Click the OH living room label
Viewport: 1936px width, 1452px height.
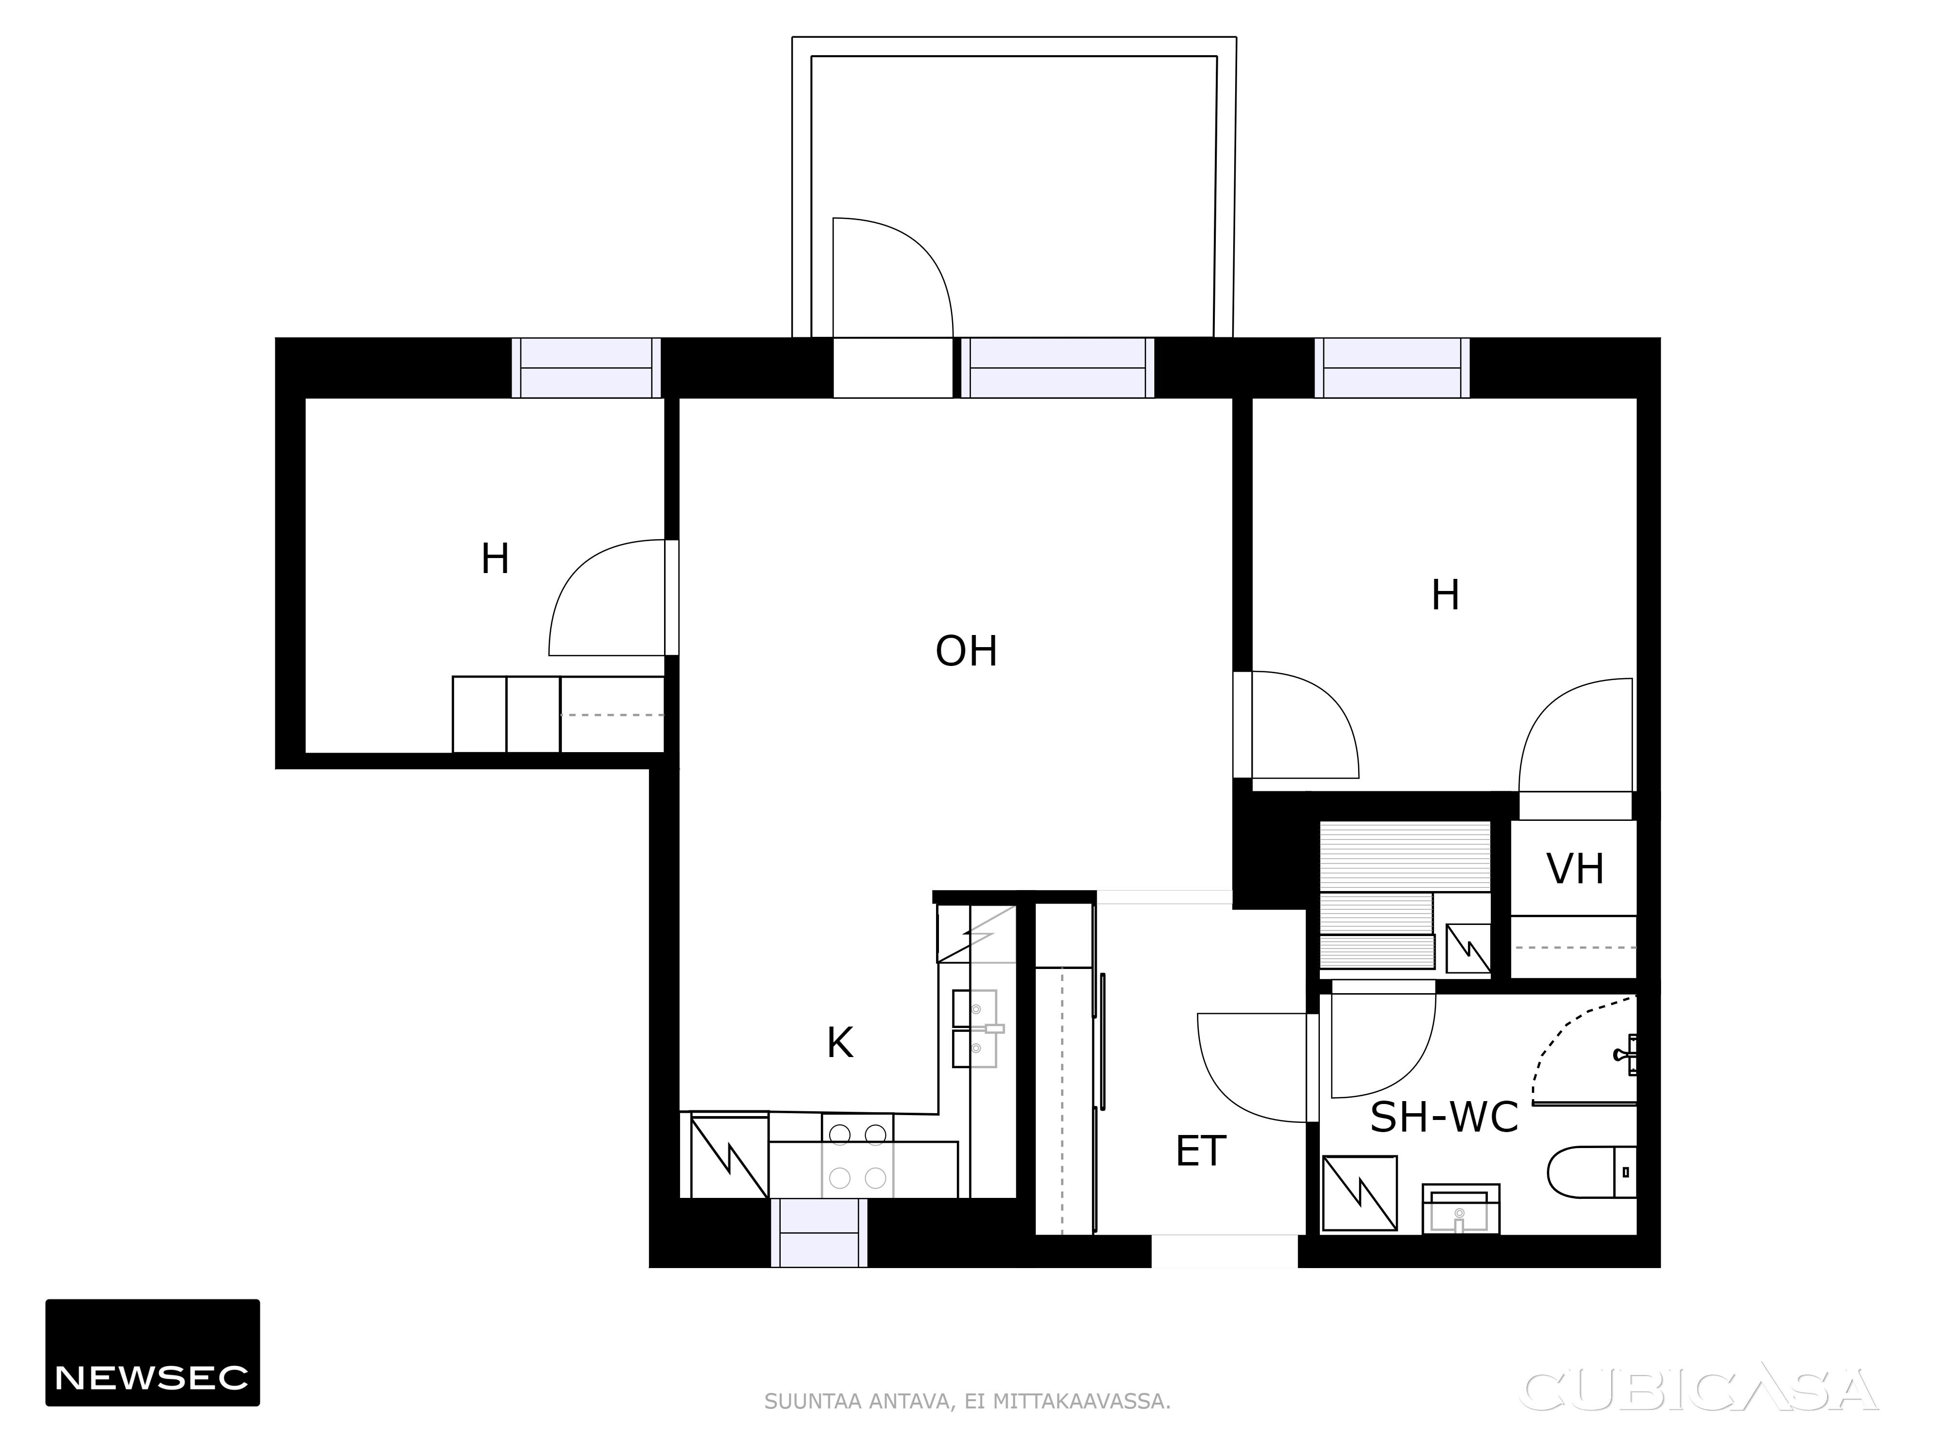point(966,651)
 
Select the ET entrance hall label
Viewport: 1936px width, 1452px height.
point(1201,1152)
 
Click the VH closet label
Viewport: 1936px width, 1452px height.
point(1575,869)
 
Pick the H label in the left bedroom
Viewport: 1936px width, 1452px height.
point(496,560)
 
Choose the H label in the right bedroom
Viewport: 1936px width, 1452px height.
point(1445,596)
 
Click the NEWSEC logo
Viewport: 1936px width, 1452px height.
point(152,1352)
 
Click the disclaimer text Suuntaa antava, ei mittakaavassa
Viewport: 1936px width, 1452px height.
point(967,1401)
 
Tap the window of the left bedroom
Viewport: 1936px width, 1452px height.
point(587,367)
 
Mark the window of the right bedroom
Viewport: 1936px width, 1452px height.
point(1391,367)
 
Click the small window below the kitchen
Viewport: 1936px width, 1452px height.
point(819,1232)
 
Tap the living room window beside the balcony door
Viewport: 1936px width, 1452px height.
point(1057,367)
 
